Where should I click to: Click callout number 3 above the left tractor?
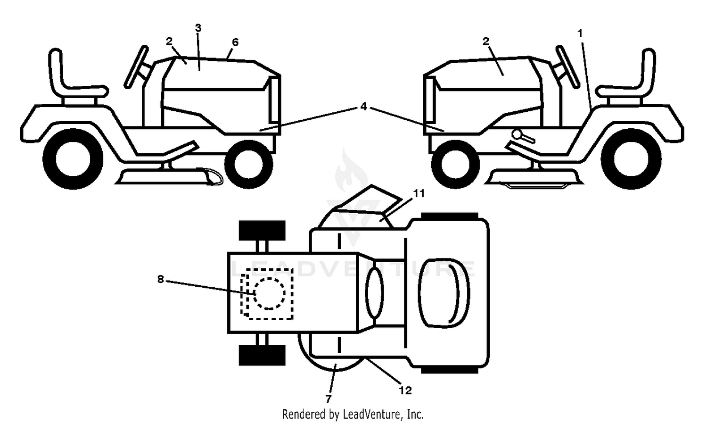click(198, 28)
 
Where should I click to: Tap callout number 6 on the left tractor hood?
click(235, 42)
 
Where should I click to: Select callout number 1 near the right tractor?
click(580, 33)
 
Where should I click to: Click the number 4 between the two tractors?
click(363, 107)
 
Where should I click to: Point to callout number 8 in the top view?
click(161, 279)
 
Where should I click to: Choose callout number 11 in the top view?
click(419, 193)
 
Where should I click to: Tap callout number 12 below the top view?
click(405, 391)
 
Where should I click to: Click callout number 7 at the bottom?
click(328, 399)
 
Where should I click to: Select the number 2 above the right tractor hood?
click(485, 41)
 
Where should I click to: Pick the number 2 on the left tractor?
click(169, 41)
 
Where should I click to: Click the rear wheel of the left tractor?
click(73, 159)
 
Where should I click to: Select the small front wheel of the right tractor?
click(455, 165)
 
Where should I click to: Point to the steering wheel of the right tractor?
click(568, 67)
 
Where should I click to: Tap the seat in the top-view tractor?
click(444, 293)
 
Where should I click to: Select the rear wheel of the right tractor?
click(631, 159)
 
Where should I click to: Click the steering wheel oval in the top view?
click(374, 293)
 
